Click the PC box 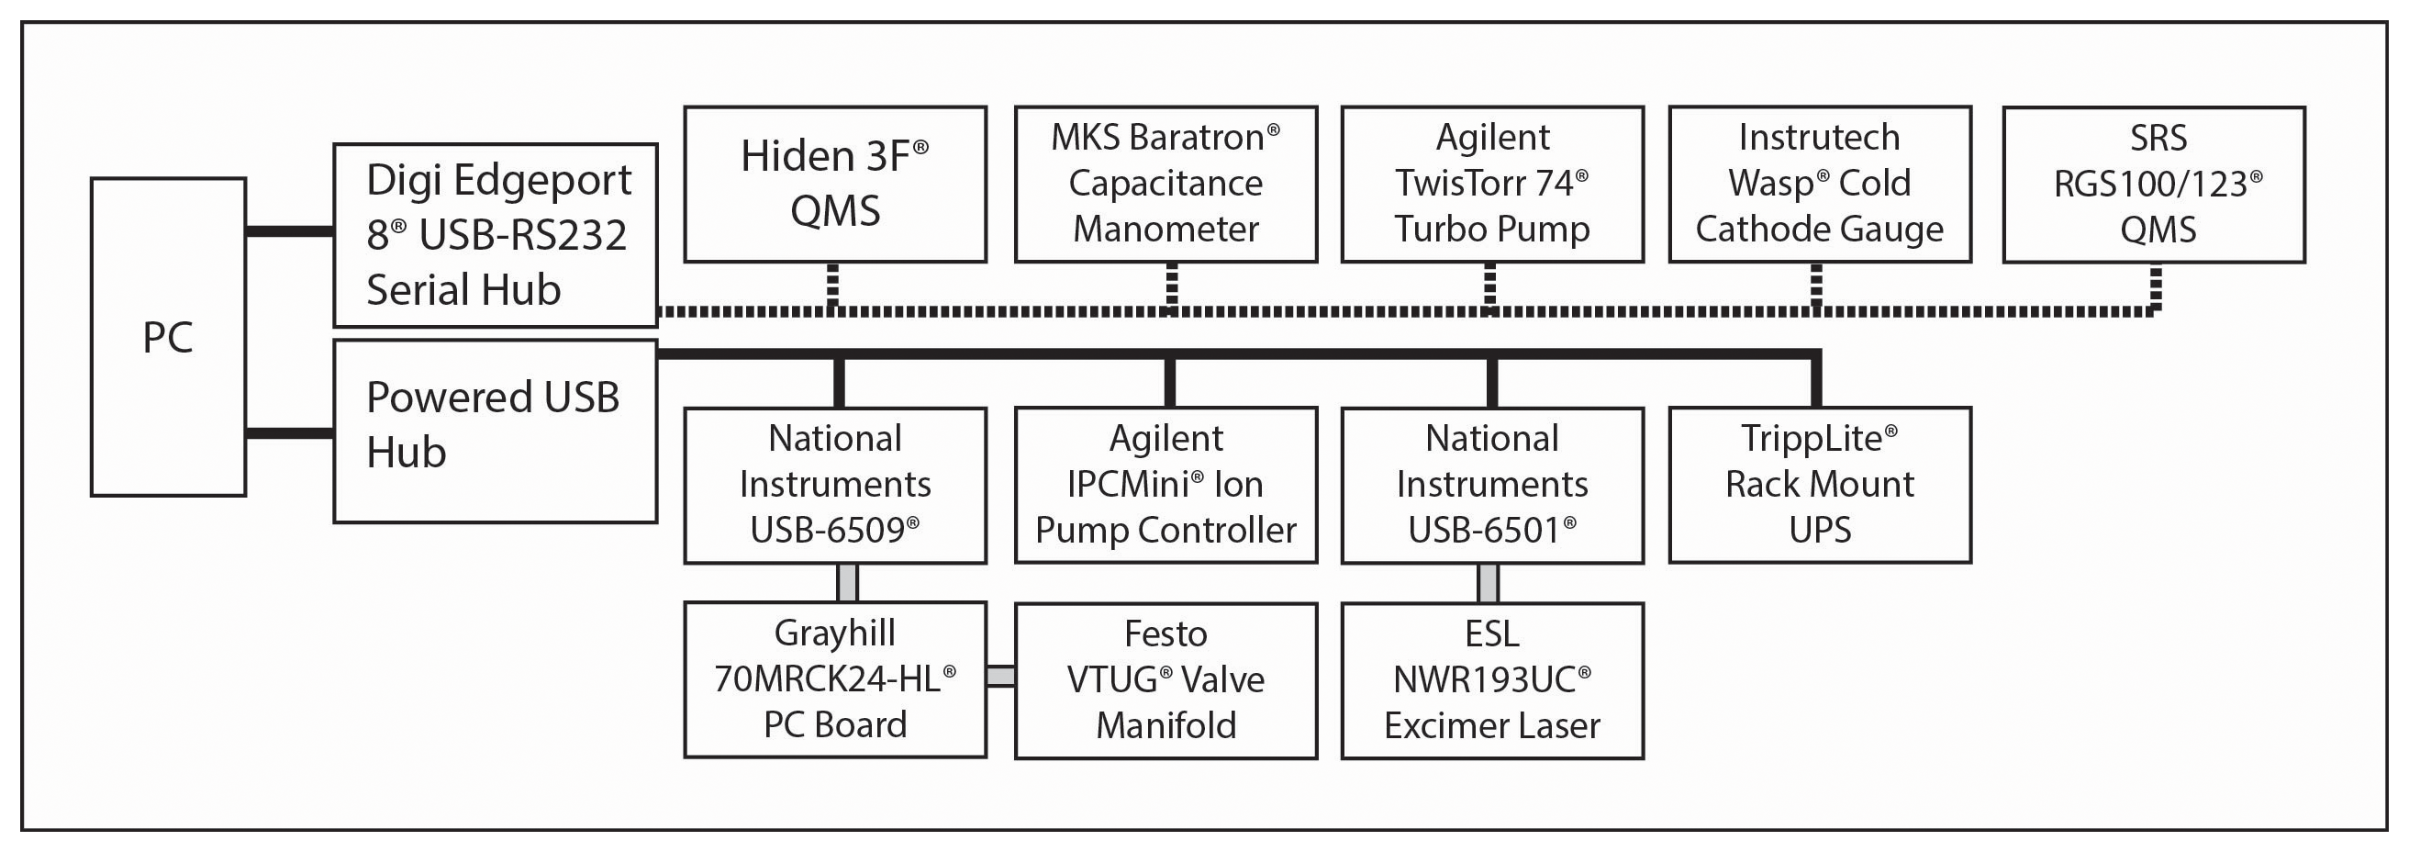(168, 337)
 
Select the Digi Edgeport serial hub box (496, 235)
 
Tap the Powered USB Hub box (496, 432)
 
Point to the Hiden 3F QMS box (835, 185)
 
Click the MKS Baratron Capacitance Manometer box (1166, 185)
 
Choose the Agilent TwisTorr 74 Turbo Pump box (1492, 185)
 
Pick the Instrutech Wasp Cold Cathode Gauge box (1820, 185)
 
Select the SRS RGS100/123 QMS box (2154, 185)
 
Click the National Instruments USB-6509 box (835, 486)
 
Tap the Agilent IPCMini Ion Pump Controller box (1166, 486)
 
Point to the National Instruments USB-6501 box (1492, 486)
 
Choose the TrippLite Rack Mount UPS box (1820, 486)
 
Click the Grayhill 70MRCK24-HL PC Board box (835, 680)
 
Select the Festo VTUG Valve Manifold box (1166, 680)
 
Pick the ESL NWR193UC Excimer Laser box (1492, 680)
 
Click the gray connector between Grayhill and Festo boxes (1000, 676)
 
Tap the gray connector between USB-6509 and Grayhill (847, 583)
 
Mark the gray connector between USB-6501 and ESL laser (1488, 583)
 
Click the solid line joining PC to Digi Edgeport (290, 231)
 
